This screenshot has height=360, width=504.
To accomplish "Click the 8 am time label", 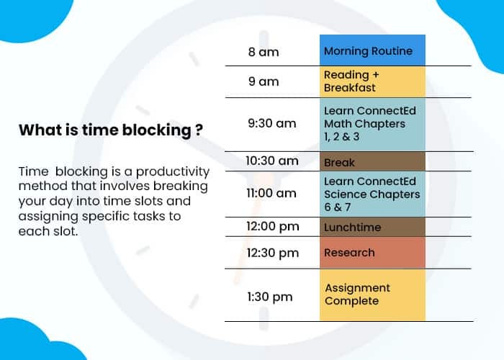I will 264,52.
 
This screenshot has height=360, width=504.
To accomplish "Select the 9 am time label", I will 264,81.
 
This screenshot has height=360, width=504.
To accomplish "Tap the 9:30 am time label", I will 271,123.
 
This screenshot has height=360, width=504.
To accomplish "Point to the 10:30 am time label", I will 271,161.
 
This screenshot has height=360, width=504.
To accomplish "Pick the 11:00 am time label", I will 271,193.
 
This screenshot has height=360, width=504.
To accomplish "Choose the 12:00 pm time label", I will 271,227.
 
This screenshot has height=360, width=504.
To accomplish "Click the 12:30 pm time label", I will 271,253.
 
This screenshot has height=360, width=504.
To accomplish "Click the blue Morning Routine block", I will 372,51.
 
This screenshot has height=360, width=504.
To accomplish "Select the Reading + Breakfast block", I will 372,81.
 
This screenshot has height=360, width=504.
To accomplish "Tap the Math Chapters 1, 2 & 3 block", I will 372,124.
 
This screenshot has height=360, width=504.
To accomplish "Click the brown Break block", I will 372,162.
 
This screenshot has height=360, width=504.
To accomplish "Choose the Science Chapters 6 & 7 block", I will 372,194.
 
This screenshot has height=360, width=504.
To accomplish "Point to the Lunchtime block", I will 372,228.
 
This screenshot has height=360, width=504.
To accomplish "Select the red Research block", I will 372,253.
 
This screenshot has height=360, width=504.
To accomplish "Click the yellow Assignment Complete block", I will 372,294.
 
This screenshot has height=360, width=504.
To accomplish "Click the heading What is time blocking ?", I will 110,130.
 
